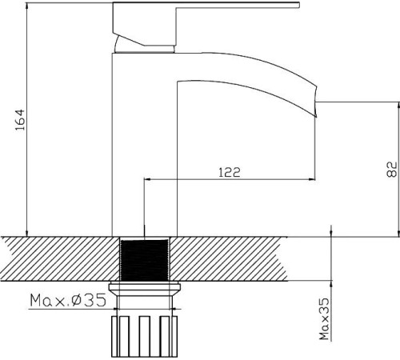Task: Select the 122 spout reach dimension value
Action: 229,171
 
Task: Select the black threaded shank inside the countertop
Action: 145,260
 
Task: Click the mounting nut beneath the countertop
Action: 145,290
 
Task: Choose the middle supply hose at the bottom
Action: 145,336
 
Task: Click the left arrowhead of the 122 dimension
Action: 146,180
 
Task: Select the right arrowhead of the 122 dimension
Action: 311,180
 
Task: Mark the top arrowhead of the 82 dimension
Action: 398,105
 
